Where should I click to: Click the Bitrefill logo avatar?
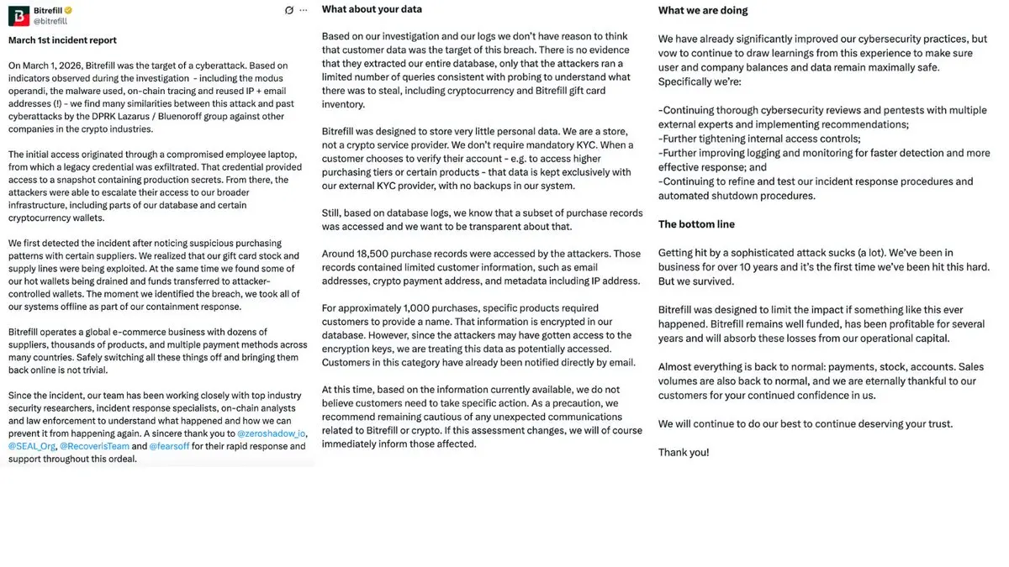point(18,16)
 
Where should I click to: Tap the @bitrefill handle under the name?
point(50,21)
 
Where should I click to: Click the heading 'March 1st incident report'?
point(62,40)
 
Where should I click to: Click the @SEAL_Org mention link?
point(32,446)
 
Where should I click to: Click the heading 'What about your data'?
point(372,10)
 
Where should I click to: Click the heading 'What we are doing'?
point(702,11)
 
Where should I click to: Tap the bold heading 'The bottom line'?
point(696,224)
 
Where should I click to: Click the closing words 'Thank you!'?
point(683,452)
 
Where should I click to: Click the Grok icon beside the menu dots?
point(289,10)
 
